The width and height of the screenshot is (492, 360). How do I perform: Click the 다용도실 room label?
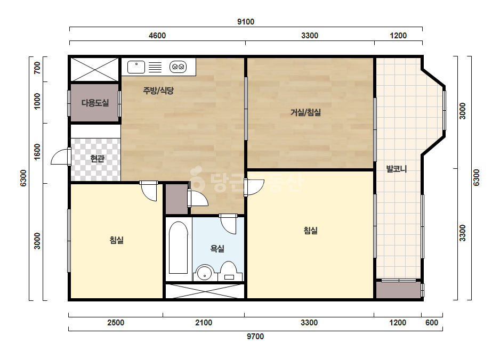95,103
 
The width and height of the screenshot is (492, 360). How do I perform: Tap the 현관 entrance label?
97,159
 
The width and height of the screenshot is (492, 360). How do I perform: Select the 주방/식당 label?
158,91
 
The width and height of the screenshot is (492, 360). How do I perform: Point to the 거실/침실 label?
305,112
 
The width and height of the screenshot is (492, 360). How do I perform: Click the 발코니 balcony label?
396,169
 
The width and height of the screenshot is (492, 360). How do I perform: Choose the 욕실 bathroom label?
217,249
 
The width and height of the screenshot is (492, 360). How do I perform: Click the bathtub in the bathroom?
178,248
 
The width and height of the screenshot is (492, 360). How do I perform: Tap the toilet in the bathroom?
229,271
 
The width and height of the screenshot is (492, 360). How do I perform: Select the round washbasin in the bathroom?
205,272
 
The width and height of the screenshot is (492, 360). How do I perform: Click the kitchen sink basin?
136,67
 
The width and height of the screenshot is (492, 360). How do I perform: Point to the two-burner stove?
178,67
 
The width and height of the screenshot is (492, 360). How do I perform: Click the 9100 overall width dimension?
246,22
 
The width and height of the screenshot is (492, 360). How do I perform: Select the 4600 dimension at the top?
157,36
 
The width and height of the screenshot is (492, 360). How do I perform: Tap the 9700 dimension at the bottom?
255,337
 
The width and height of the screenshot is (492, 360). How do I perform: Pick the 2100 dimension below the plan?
204,322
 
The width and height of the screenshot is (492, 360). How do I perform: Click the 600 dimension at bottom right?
432,322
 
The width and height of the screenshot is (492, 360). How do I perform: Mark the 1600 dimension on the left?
37,152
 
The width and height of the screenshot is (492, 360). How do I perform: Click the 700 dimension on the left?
37,68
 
